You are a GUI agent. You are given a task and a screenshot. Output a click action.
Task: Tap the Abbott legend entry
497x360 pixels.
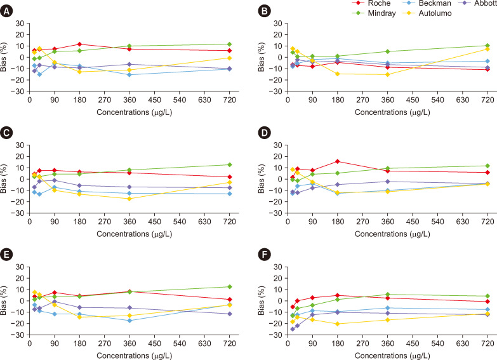(x=477, y=3)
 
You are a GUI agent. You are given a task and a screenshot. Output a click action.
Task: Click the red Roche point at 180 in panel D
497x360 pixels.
(x=338, y=161)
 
